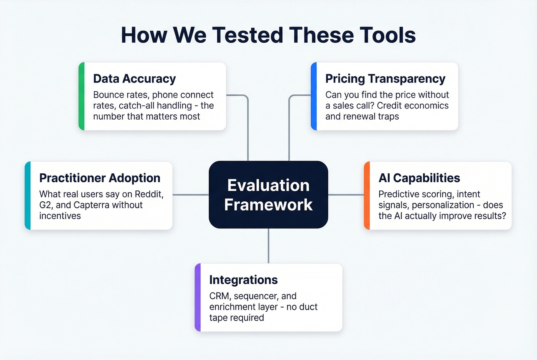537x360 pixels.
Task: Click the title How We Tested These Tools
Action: (x=268, y=35)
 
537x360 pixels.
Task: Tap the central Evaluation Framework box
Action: (x=268, y=195)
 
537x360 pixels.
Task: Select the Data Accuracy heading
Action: (x=134, y=79)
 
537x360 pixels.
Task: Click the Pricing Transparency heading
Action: (x=385, y=79)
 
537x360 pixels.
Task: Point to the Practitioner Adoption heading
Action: (x=100, y=178)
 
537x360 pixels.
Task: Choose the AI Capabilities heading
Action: (x=419, y=178)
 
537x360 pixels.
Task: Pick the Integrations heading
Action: (x=243, y=280)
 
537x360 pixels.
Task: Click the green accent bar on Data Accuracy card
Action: (x=81, y=96)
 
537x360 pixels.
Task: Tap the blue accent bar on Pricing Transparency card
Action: (x=314, y=96)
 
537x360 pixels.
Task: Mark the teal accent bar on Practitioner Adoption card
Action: (x=28, y=196)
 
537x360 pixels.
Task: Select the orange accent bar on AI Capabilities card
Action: (x=367, y=196)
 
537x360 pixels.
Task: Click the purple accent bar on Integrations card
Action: (x=198, y=298)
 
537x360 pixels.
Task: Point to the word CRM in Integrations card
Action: (x=219, y=296)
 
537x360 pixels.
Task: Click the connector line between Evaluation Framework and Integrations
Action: (x=268, y=246)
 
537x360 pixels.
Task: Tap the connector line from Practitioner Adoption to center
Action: (x=191, y=195)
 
